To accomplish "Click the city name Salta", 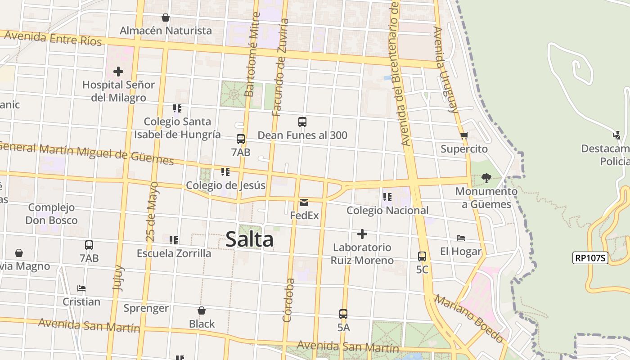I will click(249, 239).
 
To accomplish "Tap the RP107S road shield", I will click(590, 258).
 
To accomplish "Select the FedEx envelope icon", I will click(304, 202).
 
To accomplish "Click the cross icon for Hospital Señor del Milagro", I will click(118, 72).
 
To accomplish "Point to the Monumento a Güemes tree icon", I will click(486, 178).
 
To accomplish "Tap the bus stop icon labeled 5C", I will click(422, 256).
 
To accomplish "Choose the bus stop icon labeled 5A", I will click(343, 314).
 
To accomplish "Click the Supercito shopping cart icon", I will click(464, 135).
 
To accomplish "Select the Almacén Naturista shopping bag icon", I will click(166, 18).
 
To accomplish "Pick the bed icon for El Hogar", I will click(460, 238).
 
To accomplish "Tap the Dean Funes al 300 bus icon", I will click(302, 122).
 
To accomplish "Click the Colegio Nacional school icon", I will click(387, 197).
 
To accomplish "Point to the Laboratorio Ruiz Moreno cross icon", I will click(362, 234).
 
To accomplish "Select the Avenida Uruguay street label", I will click(445, 70).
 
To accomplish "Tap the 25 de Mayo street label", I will click(152, 211).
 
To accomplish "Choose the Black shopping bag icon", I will click(202, 310).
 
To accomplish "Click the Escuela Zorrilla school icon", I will click(174, 240).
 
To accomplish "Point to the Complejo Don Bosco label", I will click(51, 214).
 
